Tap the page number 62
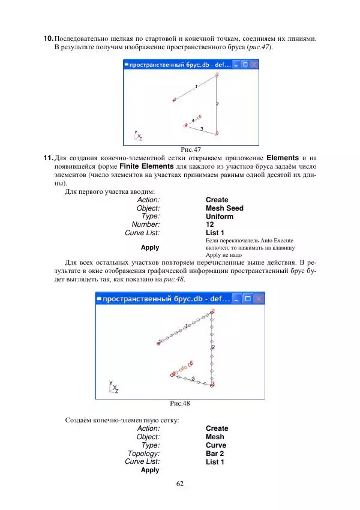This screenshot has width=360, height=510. (180, 484)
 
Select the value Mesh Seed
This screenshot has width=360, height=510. (224, 208)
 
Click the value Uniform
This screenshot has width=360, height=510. (219, 217)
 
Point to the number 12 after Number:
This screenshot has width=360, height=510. (210, 225)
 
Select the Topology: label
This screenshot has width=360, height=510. (143, 454)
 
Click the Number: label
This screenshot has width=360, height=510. (146, 225)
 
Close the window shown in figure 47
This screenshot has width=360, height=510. (254, 64)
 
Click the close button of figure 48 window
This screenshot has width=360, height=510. (259, 298)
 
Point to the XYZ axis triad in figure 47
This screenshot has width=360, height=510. (138, 136)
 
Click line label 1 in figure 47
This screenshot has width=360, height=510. (196, 88)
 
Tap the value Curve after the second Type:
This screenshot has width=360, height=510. (215, 446)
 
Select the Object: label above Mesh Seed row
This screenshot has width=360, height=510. (148, 208)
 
